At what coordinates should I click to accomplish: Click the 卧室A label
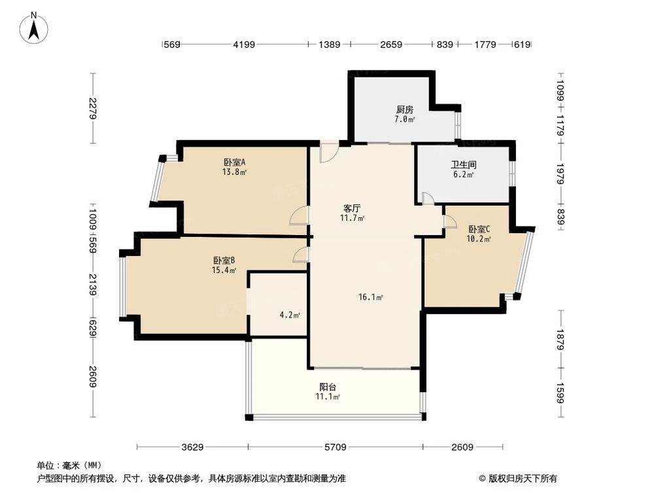tap(234, 162)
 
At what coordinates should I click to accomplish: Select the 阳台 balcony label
tap(328, 386)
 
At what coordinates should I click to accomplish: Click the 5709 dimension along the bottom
tap(335, 448)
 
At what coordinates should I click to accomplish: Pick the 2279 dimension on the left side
tap(93, 108)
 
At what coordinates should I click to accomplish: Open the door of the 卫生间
tap(427, 198)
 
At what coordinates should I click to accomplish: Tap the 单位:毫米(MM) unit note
tap(63, 465)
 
